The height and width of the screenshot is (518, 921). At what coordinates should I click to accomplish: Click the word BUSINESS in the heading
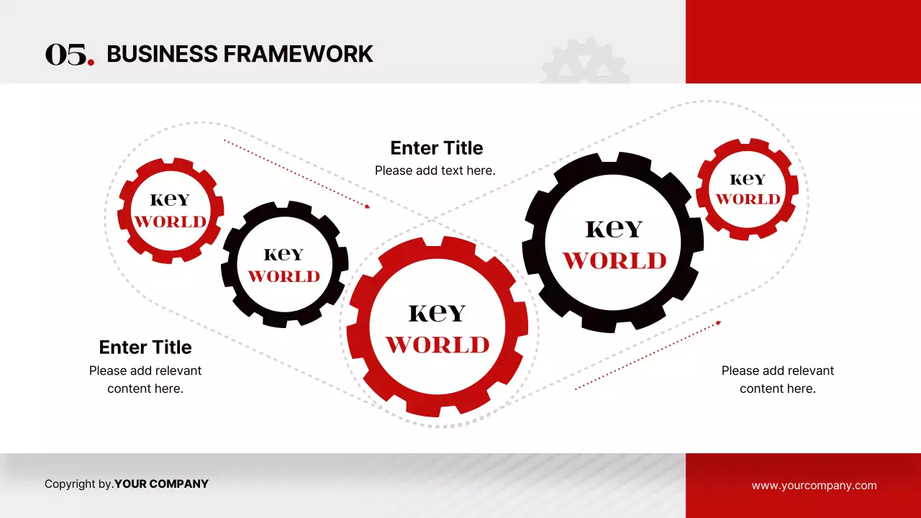[162, 54]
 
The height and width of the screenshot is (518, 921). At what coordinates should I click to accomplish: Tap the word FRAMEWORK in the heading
[298, 54]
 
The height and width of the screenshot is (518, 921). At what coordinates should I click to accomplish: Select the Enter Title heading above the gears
[437, 148]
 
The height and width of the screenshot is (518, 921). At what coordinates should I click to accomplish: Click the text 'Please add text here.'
[435, 171]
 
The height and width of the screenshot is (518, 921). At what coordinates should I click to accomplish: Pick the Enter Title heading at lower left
[145, 347]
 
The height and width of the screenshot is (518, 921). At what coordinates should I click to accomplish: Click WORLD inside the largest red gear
[437, 345]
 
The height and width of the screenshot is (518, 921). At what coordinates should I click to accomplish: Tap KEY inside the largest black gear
[614, 229]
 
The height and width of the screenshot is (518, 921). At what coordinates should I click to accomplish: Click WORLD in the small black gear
[283, 276]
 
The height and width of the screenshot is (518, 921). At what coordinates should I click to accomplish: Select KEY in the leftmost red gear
[170, 200]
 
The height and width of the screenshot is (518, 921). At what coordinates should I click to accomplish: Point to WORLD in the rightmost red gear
[748, 199]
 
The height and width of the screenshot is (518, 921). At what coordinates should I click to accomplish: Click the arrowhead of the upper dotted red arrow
[368, 206]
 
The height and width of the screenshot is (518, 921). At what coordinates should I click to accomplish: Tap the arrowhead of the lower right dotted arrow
[718, 323]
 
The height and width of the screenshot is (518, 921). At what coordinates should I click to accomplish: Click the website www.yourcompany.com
[814, 485]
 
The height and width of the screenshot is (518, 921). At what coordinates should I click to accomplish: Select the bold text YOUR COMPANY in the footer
[161, 484]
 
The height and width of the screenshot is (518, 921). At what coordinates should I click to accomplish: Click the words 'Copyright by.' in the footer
[79, 484]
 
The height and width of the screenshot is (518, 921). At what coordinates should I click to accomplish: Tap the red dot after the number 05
[91, 62]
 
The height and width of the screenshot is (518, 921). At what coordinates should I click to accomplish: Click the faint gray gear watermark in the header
[585, 62]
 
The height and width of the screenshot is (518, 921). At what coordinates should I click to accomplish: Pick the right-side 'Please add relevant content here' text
[778, 379]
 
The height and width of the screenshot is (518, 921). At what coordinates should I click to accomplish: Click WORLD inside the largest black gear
[614, 260]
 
